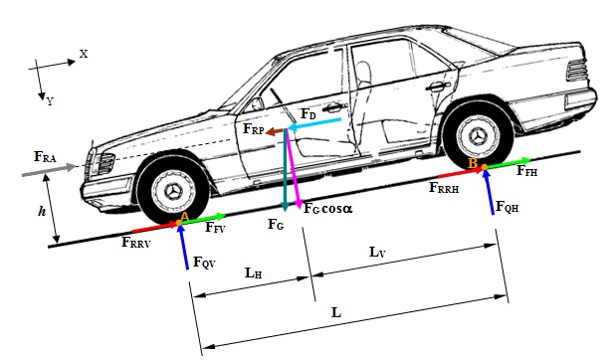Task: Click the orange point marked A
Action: coord(182,217)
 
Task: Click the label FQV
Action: coord(202,263)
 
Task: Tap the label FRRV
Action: coord(136,241)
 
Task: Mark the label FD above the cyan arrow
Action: coord(308,114)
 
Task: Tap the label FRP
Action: coord(253,129)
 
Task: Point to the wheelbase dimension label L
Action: coord(337,311)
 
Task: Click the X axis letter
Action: coord(84,54)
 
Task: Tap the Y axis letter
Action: coord(50,100)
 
